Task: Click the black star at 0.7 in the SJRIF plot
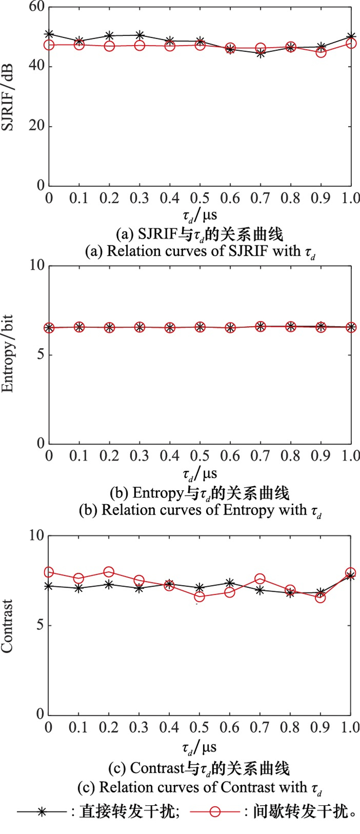(261, 53)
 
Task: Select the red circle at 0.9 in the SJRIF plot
(321, 52)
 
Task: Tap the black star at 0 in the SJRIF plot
(49, 34)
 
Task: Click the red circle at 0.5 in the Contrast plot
(200, 597)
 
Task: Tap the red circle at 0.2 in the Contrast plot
(109, 572)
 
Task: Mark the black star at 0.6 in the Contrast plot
(230, 583)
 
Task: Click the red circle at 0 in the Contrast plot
(49, 572)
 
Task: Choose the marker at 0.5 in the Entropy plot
(200, 327)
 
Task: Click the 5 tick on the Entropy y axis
(40, 355)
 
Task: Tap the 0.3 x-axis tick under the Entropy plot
(139, 456)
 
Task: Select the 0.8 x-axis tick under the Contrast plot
(291, 727)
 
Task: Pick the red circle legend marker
(215, 824)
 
